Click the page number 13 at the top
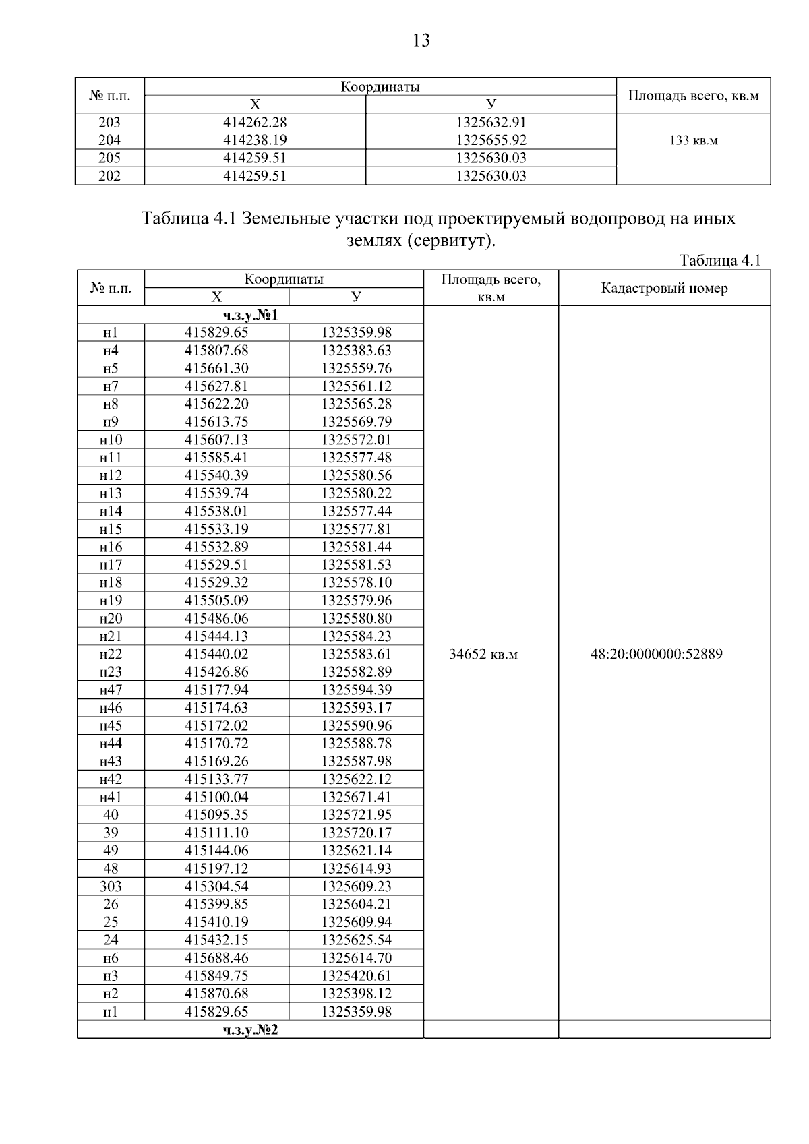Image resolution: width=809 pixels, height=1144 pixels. pyautogui.click(x=420, y=41)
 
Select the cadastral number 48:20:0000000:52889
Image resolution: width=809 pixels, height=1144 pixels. pyautogui.click(x=656, y=654)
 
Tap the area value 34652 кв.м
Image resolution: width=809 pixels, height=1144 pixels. pyautogui.click(x=483, y=654)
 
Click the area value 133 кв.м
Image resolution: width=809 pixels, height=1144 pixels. pyautogui.click(x=693, y=140)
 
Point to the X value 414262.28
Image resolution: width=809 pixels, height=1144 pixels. pyautogui.click(x=255, y=122)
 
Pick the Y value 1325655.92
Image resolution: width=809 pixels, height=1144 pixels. pyautogui.click(x=491, y=140)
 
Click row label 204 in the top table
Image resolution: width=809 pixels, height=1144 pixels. pyautogui.click(x=109, y=140)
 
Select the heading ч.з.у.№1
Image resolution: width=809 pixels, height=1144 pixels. pyautogui.click(x=250, y=315)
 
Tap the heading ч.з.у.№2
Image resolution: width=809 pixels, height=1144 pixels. pyautogui.click(x=250, y=1029)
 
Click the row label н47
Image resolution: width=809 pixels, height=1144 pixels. pyautogui.click(x=111, y=690)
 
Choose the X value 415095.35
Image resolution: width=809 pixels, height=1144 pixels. pyautogui.click(x=216, y=814)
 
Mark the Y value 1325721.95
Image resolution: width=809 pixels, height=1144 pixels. pyautogui.click(x=356, y=814)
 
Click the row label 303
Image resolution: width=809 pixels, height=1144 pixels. pyautogui.click(x=111, y=886)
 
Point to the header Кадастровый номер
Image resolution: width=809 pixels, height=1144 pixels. pyautogui.click(x=664, y=289)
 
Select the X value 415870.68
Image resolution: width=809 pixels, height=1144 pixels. pyautogui.click(x=216, y=993)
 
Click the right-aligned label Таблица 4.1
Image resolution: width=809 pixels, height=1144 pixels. pyautogui.click(x=720, y=261)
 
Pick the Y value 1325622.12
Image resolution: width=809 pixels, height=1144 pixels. pyautogui.click(x=356, y=779)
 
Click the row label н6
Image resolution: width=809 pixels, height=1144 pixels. pyautogui.click(x=111, y=957)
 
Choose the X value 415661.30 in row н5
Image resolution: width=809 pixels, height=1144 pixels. pyautogui.click(x=216, y=368)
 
